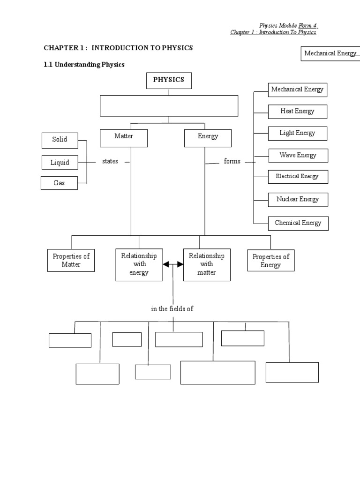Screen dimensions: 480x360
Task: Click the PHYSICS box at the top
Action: tap(169, 80)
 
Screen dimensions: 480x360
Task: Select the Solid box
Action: tap(60, 140)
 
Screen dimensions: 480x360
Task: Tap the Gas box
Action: tap(59, 183)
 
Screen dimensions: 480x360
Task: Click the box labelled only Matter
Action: tap(124, 137)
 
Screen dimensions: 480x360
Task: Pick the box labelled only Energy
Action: tap(208, 137)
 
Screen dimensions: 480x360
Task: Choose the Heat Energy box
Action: tap(297, 112)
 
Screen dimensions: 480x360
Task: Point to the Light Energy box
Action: tap(297, 133)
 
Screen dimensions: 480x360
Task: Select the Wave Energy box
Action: tap(298, 155)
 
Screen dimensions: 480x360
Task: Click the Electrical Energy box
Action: tap(298, 177)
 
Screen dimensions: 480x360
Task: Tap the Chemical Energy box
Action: tap(298, 223)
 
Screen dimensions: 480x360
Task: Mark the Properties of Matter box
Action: tap(71, 261)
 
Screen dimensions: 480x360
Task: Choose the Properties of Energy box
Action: tap(271, 261)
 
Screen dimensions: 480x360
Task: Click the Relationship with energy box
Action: tap(139, 264)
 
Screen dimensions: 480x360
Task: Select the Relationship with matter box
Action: tap(207, 264)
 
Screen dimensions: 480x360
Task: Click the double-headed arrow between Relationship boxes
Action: tap(173, 265)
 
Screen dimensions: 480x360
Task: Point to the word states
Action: tap(110, 161)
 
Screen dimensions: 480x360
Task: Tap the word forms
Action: tap(232, 161)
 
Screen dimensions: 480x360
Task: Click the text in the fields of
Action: tap(172, 309)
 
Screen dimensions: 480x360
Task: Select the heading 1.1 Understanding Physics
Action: tap(84, 65)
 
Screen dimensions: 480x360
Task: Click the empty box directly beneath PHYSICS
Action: tap(169, 105)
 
